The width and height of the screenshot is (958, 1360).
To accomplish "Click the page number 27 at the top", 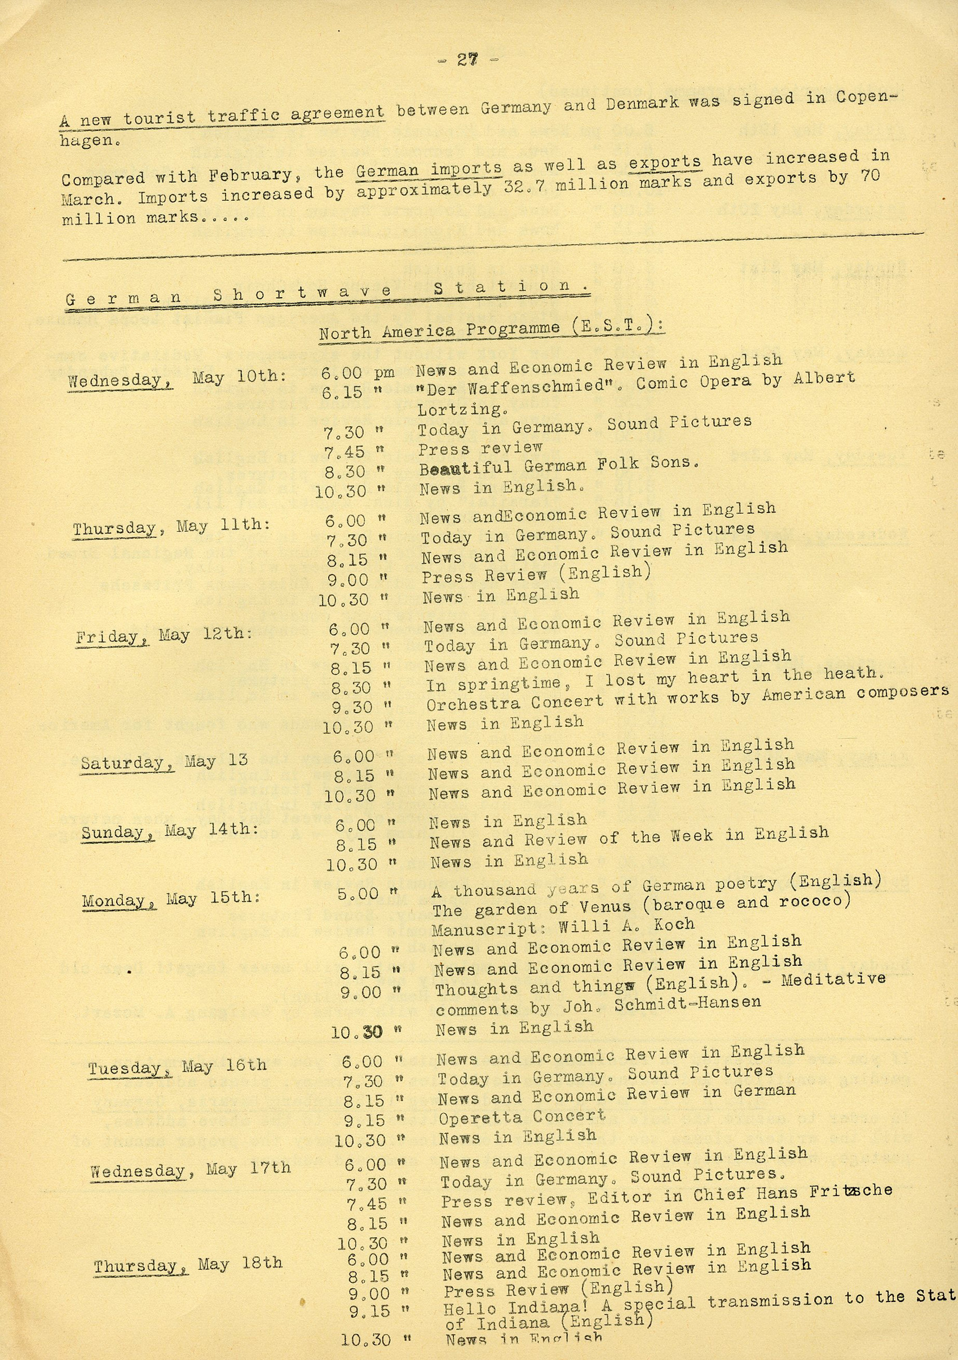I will click(467, 60).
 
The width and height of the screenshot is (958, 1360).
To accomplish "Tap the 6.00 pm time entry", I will click(357, 373).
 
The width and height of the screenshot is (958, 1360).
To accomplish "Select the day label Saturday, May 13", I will click(164, 762).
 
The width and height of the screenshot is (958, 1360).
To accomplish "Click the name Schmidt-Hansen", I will click(687, 1003).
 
